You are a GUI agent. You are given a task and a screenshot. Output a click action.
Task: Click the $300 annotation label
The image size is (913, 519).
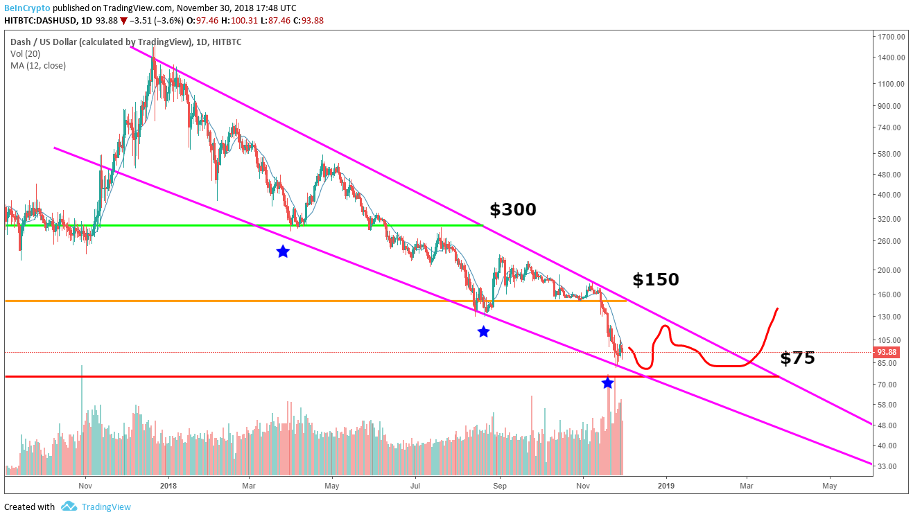pos(512,210)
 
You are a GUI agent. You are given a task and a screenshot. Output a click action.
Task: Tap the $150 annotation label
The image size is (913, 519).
pos(655,280)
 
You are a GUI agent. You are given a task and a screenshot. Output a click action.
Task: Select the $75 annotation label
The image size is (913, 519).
pos(797,358)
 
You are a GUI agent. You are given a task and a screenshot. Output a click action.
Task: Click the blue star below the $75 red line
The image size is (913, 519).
pos(607,382)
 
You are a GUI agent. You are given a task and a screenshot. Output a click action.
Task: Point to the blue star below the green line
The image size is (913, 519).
pos(282,252)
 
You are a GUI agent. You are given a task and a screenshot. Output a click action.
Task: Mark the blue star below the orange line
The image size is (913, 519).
pos(483,332)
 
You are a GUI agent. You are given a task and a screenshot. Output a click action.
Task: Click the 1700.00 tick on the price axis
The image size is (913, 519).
pos(890,37)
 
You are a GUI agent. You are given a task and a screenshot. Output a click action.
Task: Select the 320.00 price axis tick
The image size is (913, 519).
pos(890,219)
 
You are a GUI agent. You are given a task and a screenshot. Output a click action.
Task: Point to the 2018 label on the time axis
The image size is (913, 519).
pos(167,486)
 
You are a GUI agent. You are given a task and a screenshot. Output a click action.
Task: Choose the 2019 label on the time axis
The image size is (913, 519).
pos(666,486)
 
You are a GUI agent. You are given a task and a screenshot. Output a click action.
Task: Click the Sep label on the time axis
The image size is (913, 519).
pos(499,486)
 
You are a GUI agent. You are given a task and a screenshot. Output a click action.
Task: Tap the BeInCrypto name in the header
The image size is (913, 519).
pos(27,8)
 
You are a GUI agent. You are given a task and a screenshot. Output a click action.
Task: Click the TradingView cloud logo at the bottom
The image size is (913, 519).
pos(69,507)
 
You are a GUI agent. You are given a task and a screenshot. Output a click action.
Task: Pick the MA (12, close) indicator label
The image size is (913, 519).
pos(38,66)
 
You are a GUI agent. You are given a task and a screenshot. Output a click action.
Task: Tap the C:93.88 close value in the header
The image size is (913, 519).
pos(308,20)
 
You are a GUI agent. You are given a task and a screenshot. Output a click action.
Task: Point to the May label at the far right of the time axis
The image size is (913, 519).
pos(829,486)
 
